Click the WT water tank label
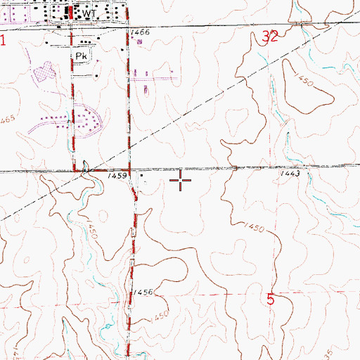pos(88,13)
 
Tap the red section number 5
pos(271,299)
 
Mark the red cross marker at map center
pos(181,181)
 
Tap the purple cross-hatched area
pos(44,70)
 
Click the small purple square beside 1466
pos(140,42)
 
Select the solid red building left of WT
pos(69,13)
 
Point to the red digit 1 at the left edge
pos(3,41)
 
